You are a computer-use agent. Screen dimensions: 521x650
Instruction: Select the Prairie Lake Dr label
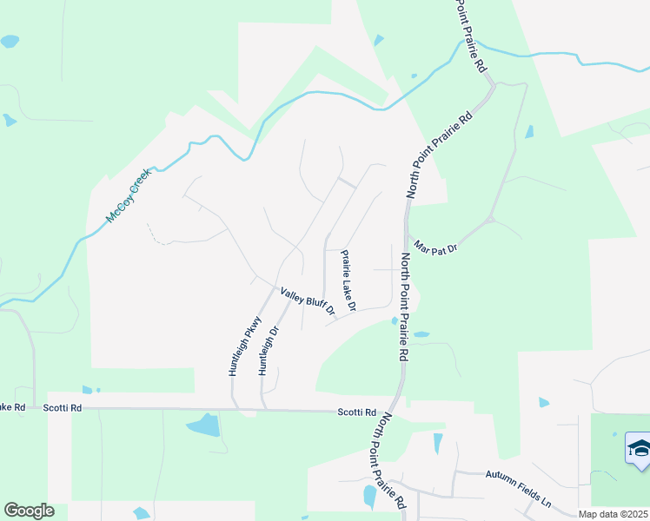pos(348,281)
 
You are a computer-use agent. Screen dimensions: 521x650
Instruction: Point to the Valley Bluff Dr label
pos(307,301)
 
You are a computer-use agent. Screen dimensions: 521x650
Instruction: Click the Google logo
pos(29,511)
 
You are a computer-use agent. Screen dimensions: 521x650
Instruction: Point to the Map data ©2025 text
pos(614,514)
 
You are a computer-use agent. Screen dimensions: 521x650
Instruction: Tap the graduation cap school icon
pos(638,450)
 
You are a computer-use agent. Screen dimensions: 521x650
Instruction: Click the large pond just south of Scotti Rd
pos(204,425)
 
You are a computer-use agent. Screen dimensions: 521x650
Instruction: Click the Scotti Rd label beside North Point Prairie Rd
pos(357,412)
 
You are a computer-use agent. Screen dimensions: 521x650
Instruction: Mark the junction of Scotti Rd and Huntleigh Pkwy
pos(234,408)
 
